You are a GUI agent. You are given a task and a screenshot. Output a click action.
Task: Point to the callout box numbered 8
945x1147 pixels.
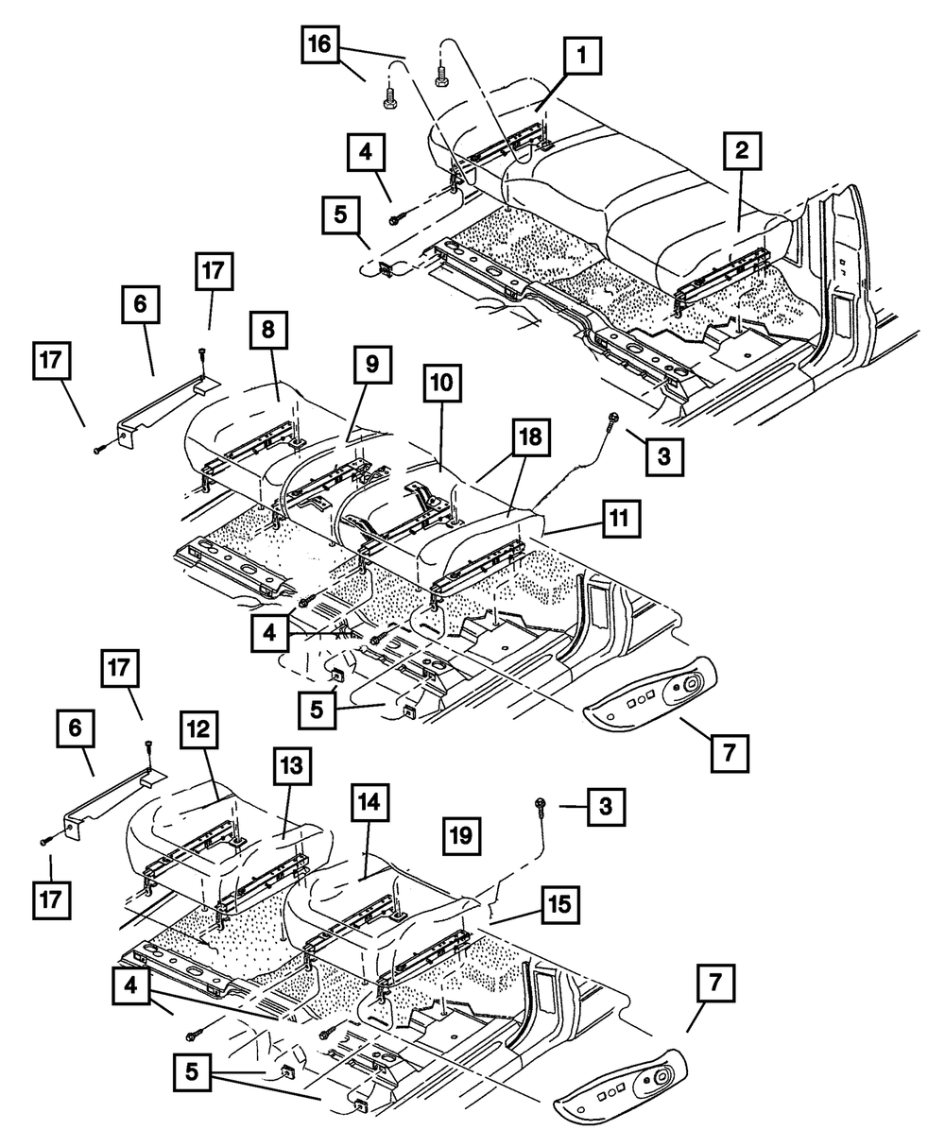(x=269, y=332)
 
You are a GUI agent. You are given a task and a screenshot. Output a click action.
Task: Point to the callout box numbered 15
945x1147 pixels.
(x=561, y=904)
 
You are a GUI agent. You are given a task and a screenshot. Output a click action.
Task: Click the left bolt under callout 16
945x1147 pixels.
(x=389, y=93)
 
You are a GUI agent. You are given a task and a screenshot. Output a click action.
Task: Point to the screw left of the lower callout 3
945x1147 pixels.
(x=539, y=804)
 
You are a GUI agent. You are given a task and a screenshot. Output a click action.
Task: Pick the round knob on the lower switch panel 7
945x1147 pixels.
(x=661, y=1079)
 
